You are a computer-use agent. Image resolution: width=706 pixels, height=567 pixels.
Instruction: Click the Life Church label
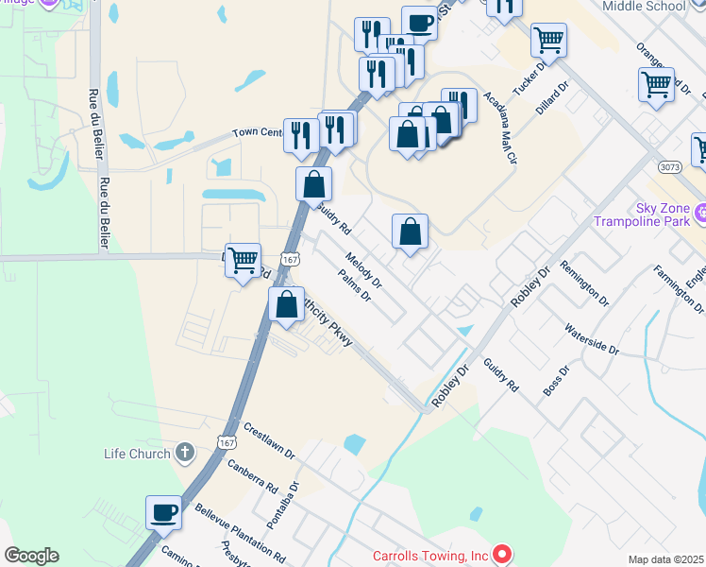[x=137, y=454]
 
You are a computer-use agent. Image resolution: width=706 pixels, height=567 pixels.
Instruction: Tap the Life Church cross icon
[x=185, y=454]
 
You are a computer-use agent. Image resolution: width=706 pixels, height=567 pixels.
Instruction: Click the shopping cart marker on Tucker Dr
[x=548, y=41]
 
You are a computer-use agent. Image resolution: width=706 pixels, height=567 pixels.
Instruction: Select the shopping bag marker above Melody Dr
[x=410, y=231]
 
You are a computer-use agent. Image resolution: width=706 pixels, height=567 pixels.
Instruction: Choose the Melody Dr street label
[x=362, y=270]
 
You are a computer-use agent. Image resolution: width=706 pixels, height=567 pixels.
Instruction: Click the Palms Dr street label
[x=355, y=286]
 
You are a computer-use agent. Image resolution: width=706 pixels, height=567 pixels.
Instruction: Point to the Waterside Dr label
[x=591, y=340]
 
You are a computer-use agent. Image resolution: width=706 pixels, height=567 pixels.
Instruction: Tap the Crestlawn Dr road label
[x=269, y=439]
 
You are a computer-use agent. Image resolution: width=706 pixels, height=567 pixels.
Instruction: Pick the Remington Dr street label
[x=584, y=284]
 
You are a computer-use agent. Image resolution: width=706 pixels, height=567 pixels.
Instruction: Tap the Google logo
[x=31, y=555]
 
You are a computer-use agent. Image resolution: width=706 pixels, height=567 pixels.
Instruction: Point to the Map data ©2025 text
[x=666, y=559]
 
